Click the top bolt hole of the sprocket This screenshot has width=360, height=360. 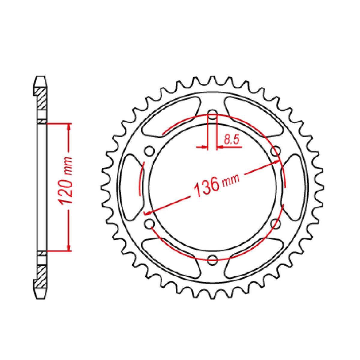coord(212,114)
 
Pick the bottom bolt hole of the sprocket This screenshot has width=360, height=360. coord(212,260)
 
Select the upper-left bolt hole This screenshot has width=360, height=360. coord(149,151)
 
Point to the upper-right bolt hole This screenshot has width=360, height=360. coord(276,151)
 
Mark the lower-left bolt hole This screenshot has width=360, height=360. coord(149,223)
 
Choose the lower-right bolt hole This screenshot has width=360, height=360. coord(276,223)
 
